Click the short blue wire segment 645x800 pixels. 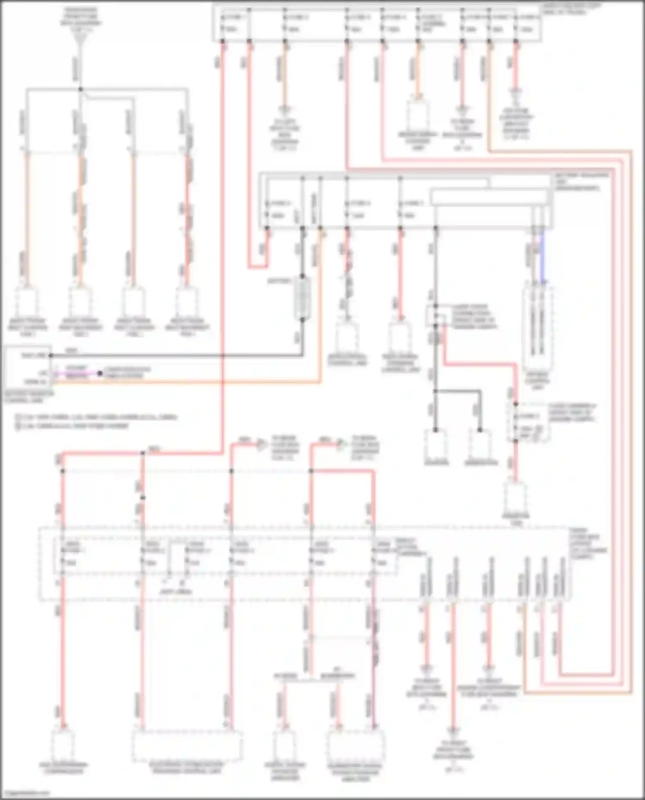pyautogui.click(x=543, y=258)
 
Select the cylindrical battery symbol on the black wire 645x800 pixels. pyautogui.click(x=302, y=299)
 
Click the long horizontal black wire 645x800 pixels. pyautogui.click(x=172, y=356)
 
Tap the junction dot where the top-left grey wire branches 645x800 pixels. pyautogui.click(x=80, y=89)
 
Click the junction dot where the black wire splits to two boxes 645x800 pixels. pyautogui.click(x=435, y=391)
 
